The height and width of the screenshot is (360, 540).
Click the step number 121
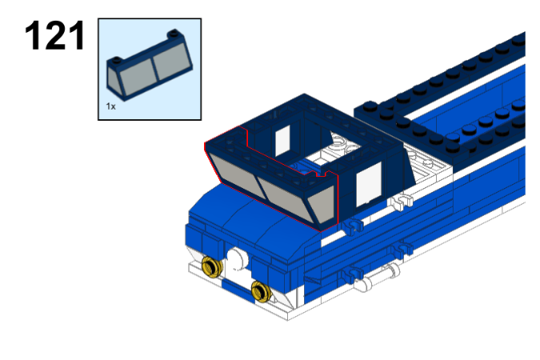pyautogui.click(x=54, y=36)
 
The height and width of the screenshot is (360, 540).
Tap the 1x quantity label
pyautogui.click(x=110, y=106)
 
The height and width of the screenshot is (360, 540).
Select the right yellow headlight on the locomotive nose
pyautogui.click(x=260, y=290)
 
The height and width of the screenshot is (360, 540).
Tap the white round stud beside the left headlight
pyautogui.click(x=238, y=258)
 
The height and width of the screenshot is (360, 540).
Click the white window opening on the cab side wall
pyautogui.click(x=368, y=183)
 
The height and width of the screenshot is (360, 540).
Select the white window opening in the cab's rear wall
pyautogui.click(x=282, y=140)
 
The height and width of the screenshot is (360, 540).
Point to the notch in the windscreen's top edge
pyautogui.click(x=323, y=170)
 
